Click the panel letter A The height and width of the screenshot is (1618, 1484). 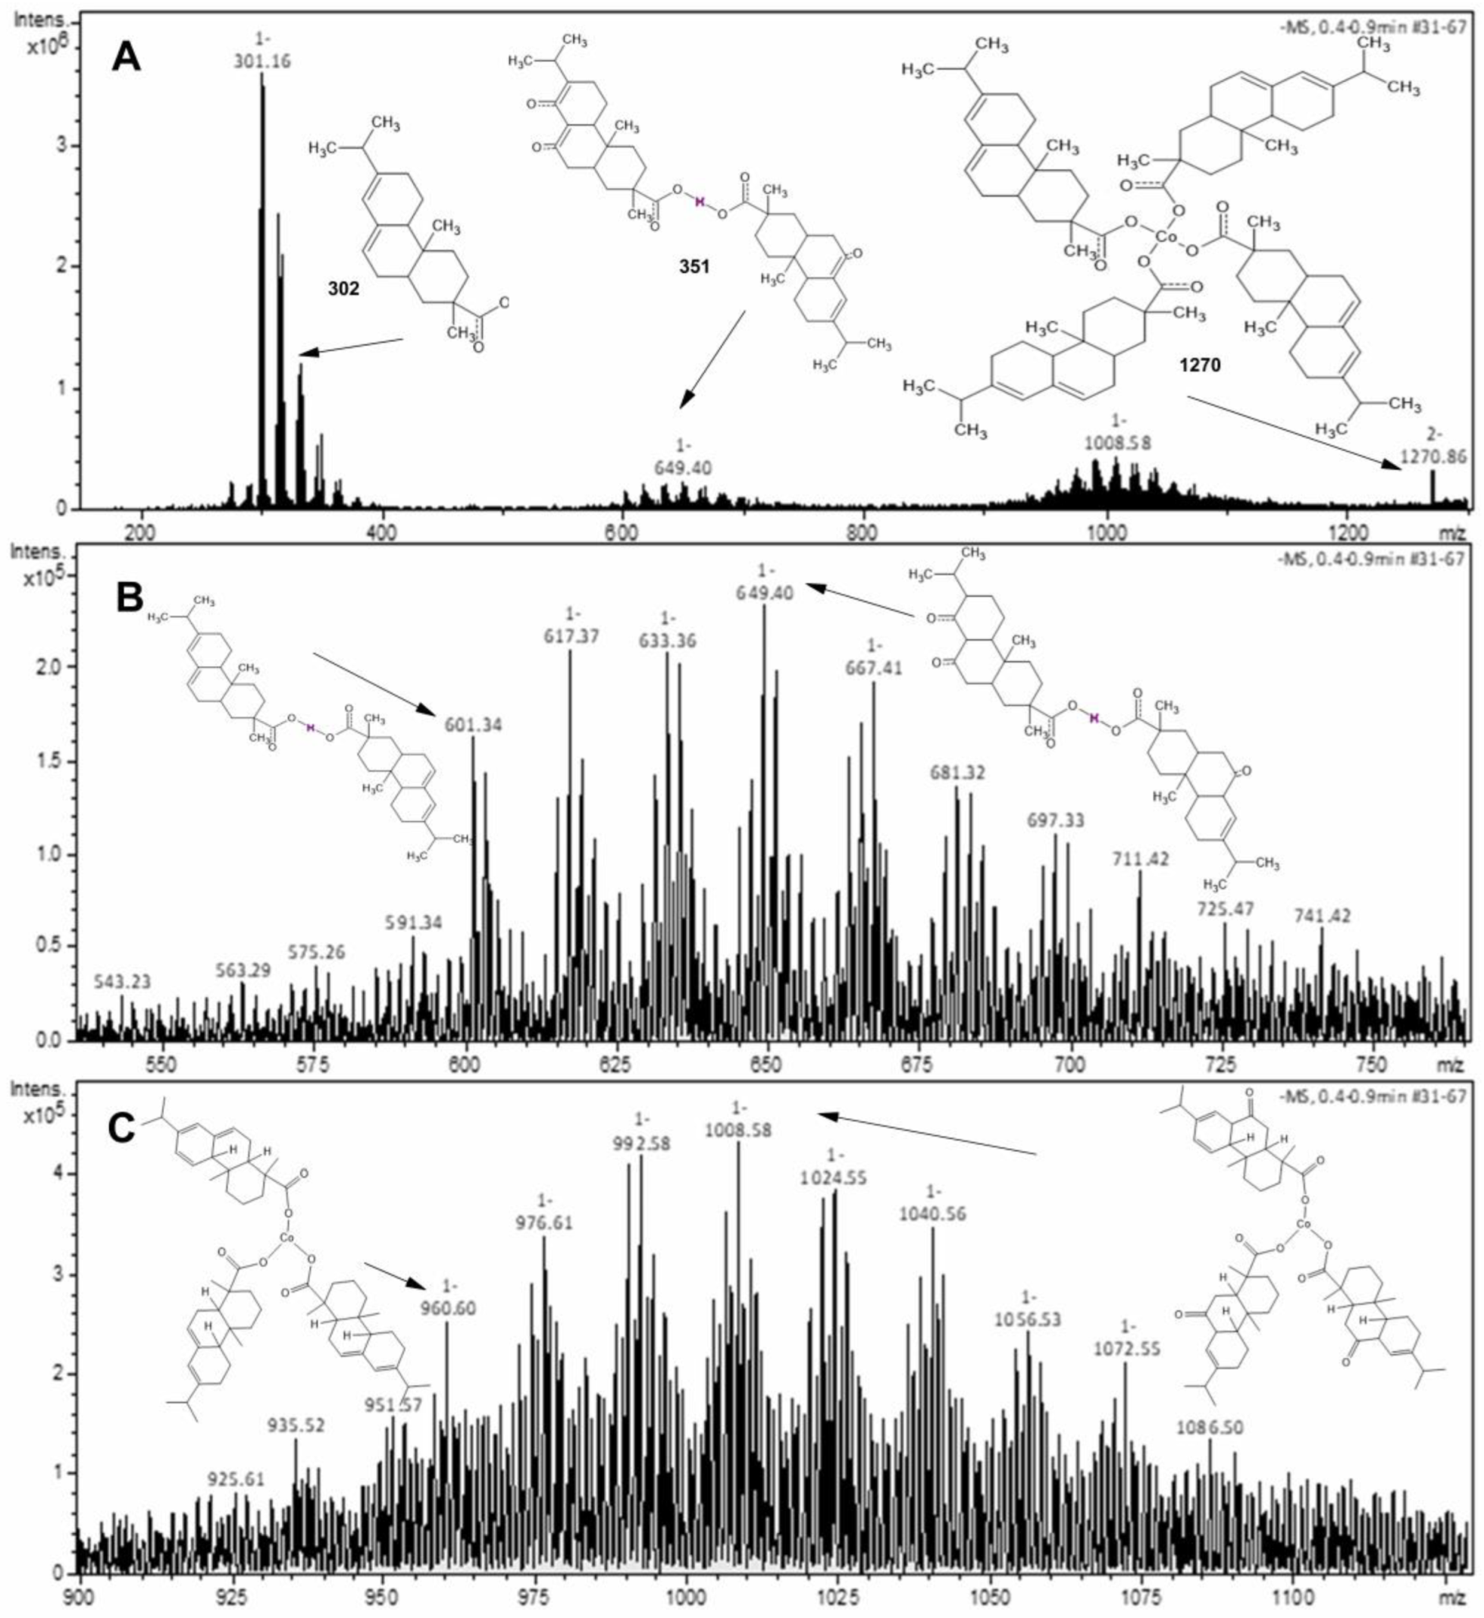coord(127,57)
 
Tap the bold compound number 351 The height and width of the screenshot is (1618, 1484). coord(693,266)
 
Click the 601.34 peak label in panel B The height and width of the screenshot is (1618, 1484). coord(473,726)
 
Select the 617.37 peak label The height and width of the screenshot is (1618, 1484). coord(571,637)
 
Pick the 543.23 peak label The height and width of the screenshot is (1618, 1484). coord(123,982)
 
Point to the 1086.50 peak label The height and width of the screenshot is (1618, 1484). coord(1210,1428)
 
